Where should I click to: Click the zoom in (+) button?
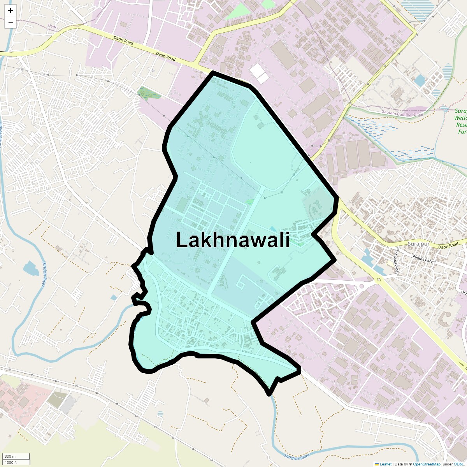pyautogui.click(x=11, y=11)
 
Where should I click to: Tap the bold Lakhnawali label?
pyautogui.click(x=233, y=240)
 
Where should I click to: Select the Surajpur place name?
pyautogui.click(x=417, y=244)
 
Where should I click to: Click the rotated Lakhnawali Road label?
pyautogui.click(x=398, y=260)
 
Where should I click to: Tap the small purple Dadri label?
pyautogui.click(x=53, y=26)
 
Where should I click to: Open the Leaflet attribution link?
pyautogui.click(x=386, y=464)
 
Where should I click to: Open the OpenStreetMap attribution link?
pyautogui.click(x=427, y=464)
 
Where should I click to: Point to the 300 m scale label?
pyautogui.click(x=10, y=456)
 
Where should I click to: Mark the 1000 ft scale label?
pyautogui.click(x=11, y=462)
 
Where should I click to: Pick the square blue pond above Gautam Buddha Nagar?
pyautogui.click(x=420, y=80)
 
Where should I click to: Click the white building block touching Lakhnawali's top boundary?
pyautogui.click(x=259, y=73)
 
